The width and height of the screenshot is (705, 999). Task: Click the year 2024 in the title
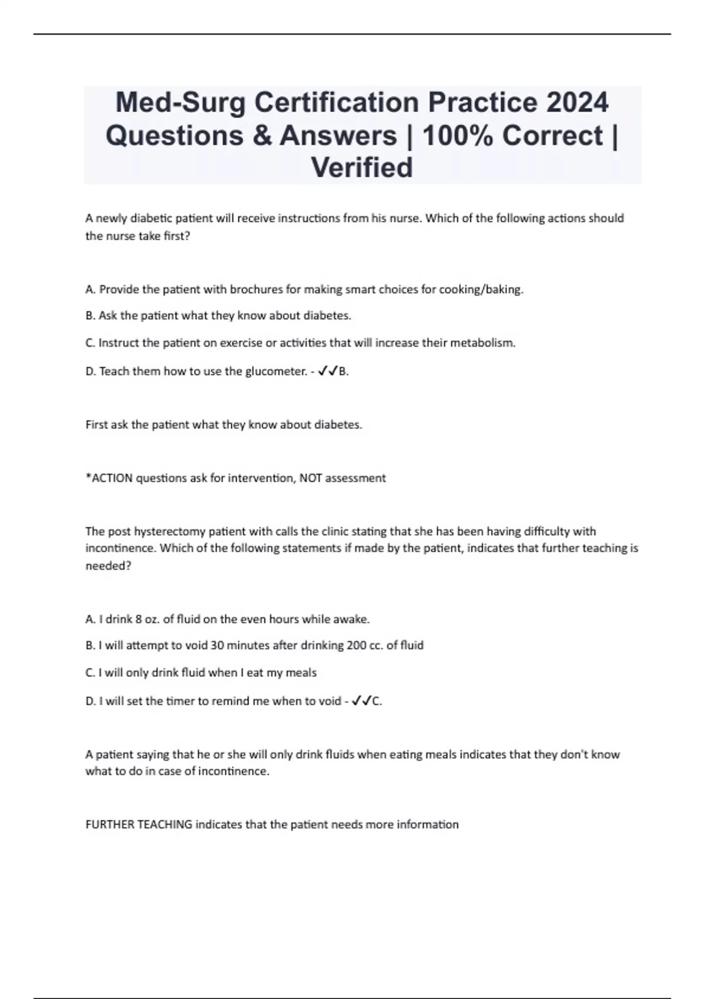[577, 102]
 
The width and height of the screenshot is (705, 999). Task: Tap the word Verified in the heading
[362, 167]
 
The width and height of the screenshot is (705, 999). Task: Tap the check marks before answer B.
[327, 371]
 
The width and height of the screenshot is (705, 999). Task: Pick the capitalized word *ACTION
[109, 478]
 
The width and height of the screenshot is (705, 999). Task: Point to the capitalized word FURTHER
[110, 824]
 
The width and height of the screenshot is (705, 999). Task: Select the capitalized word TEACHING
[164, 824]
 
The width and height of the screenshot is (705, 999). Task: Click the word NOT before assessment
[311, 478]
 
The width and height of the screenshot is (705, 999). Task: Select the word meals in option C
[301, 672]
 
